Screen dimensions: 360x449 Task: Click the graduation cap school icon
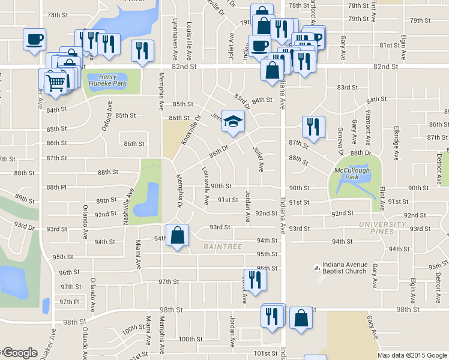[234, 121]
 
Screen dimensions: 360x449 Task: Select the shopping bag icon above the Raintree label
[178, 236]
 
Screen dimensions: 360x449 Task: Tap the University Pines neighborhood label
[383, 228]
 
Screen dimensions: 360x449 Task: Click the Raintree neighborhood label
[222, 247]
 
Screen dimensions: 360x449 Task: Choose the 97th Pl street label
[69, 302]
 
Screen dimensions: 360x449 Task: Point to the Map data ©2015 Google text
[412, 355]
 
